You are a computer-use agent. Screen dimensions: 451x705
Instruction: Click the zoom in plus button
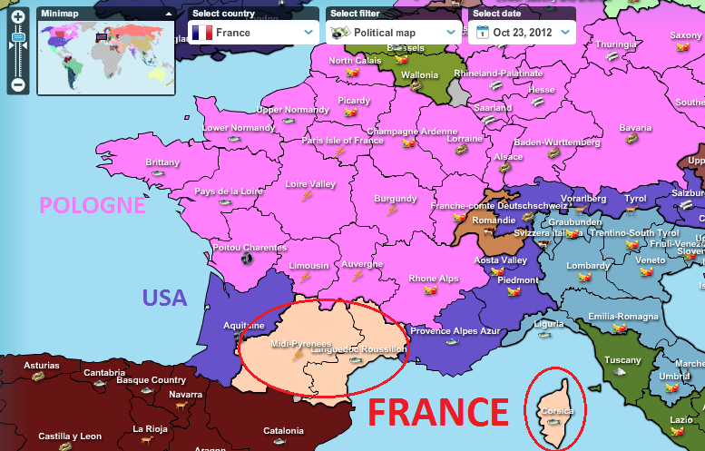point(17,16)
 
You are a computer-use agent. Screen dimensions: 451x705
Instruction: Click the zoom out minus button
point(17,85)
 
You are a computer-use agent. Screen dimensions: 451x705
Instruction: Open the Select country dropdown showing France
point(253,33)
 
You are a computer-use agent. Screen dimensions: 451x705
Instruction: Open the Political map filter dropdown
point(394,33)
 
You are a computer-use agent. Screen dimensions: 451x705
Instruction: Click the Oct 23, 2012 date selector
point(523,33)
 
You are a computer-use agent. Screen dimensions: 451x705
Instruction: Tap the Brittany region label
point(162,162)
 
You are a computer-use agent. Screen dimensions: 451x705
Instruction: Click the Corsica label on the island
point(555,410)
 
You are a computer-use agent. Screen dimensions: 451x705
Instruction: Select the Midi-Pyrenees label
point(299,344)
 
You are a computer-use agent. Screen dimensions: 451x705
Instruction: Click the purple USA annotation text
point(163,298)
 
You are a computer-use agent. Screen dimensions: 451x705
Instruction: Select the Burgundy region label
point(395,198)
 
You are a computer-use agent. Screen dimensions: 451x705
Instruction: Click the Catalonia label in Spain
point(283,430)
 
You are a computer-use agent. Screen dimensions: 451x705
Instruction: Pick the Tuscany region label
point(622,360)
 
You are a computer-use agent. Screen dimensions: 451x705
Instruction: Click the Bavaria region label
point(634,128)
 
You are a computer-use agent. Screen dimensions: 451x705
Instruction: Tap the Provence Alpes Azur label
point(455,331)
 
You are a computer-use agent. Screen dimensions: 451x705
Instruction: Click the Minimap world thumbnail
point(106,57)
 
